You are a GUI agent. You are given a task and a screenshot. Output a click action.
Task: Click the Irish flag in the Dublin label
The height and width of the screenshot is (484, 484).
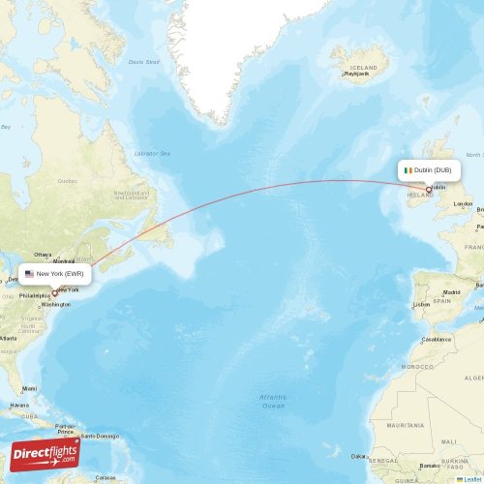point(408,170)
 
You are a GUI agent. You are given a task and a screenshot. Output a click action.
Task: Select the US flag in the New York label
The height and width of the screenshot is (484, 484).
point(29,274)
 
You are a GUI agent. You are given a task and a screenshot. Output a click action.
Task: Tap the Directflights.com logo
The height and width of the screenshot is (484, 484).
point(45,453)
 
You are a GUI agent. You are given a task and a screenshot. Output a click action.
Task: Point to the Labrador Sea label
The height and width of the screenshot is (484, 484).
point(151,153)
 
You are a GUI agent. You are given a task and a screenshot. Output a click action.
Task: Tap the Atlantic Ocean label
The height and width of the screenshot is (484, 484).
point(273,401)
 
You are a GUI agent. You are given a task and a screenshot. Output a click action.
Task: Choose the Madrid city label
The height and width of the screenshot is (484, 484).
point(451,291)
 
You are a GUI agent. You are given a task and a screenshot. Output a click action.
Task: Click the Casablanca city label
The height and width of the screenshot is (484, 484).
point(437,340)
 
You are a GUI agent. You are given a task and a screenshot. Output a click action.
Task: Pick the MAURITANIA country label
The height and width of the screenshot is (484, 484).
point(406,425)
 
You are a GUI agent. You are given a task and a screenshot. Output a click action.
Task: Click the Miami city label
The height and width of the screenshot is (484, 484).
point(30,388)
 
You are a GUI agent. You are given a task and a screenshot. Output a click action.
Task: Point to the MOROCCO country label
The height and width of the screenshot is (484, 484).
point(418,367)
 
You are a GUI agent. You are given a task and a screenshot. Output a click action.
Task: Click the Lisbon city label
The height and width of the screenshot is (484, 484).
point(421,304)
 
